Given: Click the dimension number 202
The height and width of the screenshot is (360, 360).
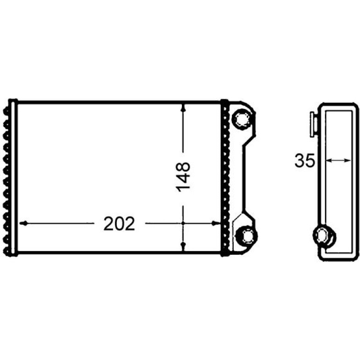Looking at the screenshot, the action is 119,223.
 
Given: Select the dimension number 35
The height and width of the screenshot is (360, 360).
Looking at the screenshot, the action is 305,160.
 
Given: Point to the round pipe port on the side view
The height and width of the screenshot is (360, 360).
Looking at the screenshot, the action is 324,236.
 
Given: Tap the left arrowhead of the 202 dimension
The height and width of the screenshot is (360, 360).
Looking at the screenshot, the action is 24,223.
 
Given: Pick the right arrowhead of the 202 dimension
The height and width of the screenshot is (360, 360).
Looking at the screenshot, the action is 216,223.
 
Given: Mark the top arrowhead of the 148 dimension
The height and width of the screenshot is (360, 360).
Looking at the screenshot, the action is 183,108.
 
